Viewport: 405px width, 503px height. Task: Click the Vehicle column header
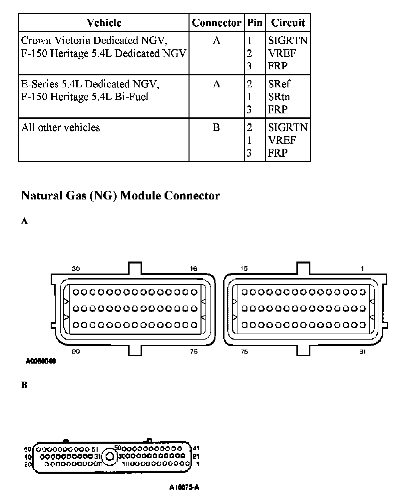[x=104, y=23]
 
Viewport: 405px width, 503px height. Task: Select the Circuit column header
[x=288, y=23]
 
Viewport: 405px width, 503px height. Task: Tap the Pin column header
[x=254, y=23]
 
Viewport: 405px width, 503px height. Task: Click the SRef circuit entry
[x=279, y=84]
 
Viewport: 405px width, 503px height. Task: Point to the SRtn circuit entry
[x=279, y=97]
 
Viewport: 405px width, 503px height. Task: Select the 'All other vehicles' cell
[x=61, y=127]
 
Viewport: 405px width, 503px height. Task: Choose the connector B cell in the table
[x=216, y=127]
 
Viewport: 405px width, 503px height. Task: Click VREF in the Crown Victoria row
[x=282, y=53]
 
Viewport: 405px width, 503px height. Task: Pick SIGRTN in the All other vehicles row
[x=288, y=127]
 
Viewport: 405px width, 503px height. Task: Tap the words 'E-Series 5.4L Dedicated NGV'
[x=90, y=84]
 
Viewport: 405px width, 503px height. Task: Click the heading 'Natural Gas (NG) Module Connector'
[x=121, y=195]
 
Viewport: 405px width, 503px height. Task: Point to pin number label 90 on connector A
[x=76, y=351]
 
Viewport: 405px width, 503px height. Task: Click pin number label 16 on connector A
[x=194, y=269]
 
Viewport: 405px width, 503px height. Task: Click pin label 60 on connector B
[x=28, y=449]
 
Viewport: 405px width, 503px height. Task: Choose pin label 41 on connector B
[x=196, y=449]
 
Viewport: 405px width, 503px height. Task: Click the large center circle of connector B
[x=110, y=456]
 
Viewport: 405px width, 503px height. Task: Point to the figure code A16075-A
[x=184, y=488]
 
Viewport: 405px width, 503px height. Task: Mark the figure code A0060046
[x=41, y=361]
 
